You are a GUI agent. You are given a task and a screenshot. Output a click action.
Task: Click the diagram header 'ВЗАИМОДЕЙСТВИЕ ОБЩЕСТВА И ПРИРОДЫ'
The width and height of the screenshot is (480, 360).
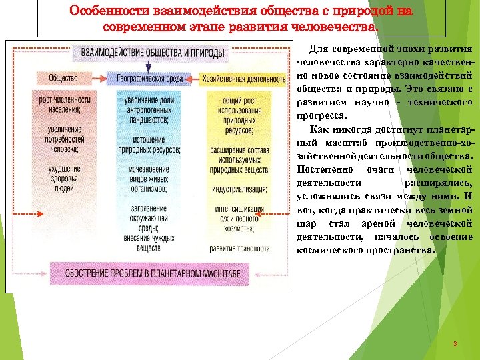153,53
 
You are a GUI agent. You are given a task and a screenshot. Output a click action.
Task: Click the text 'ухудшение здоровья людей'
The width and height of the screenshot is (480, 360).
64,179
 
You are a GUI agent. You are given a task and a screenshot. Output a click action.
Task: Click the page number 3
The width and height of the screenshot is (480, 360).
454,344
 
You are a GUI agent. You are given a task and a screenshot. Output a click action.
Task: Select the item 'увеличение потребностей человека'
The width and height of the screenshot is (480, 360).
64,139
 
